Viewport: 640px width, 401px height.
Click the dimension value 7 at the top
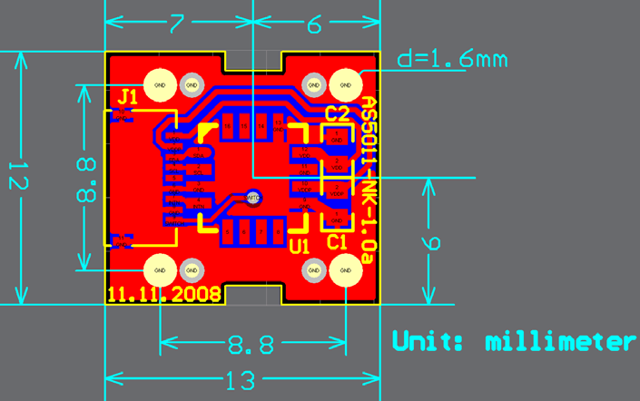click(x=177, y=24)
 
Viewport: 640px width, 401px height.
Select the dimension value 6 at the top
click(x=314, y=24)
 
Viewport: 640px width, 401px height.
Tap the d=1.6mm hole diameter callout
click(x=452, y=60)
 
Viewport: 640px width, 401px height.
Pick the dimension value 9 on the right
click(x=433, y=242)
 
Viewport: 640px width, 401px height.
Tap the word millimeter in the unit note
click(x=559, y=342)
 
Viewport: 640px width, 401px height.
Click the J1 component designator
click(x=128, y=96)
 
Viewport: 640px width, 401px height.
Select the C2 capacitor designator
click(x=337, y=113)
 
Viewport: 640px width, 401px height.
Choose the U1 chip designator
click(x=299, y=245)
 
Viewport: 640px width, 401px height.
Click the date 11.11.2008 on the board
click(x=164, y=295)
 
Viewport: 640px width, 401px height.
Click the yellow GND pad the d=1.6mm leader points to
click(x=345, y=85)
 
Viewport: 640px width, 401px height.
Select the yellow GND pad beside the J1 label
click(x=160, y=85)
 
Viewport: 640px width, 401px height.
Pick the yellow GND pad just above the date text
click(x=160, y=269)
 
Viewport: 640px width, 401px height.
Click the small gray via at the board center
click(x=253, y=196)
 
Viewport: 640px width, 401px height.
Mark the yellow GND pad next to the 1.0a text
click(x=345, y=269)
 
